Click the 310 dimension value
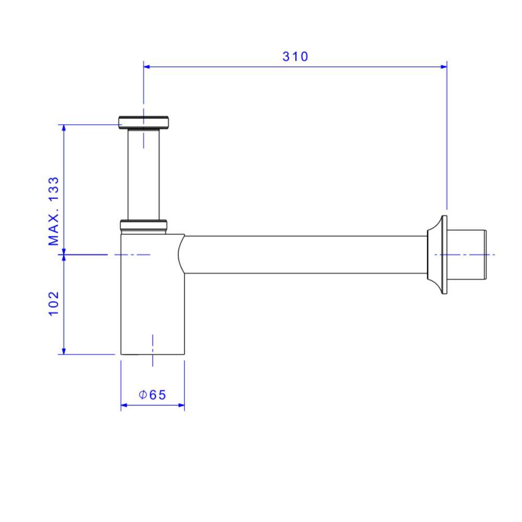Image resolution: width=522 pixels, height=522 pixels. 295,56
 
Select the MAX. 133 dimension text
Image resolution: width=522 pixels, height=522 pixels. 54,210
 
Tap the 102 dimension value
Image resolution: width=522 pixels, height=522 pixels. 54,303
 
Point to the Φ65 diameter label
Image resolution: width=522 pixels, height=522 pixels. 152,395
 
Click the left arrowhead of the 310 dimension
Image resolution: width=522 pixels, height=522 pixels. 147,66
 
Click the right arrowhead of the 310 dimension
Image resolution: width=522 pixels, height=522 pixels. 444,66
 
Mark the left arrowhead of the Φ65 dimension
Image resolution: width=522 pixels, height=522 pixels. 124,405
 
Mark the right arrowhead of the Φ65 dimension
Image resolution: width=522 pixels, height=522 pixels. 182,405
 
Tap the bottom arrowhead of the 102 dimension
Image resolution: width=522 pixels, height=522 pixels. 64,350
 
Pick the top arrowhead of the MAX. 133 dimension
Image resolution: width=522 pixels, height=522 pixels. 64,128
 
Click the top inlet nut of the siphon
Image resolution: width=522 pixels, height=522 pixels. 144,122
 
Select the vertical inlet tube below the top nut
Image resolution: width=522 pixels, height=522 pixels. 144,175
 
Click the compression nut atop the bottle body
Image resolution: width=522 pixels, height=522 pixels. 144,225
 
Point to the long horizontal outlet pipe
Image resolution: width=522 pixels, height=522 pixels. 305,254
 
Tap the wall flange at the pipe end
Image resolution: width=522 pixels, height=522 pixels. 438,254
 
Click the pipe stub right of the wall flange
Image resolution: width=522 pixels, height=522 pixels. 467,254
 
